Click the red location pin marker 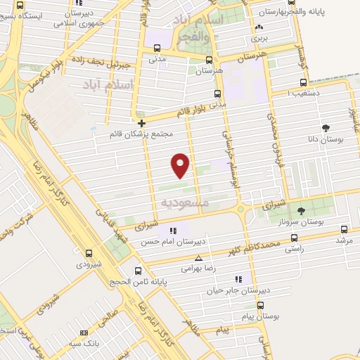click(x=181, y=165)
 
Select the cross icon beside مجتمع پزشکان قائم click(x=141, y=122)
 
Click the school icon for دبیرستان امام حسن click(x=173, y=231)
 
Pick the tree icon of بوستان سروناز click(x=301, y=211)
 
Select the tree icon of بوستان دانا click(x=325, y=128)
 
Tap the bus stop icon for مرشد click(x=344, y=229)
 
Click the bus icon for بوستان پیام click(x=261, y=306)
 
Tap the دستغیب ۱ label click(x=315, y=91)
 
